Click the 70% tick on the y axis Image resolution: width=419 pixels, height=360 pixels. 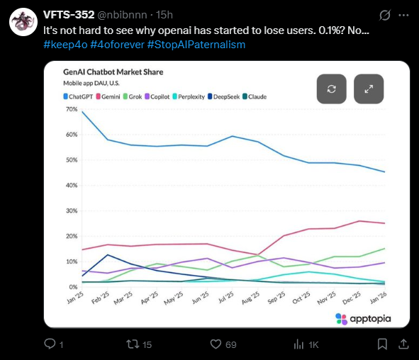tap(71, 109)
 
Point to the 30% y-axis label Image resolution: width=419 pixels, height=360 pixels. tap(71, 211)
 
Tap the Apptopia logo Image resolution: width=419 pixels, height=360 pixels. tap(363, 319)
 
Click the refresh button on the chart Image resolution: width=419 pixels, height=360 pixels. tap(331, 89)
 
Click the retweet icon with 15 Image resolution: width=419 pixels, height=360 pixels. tap(132, 344)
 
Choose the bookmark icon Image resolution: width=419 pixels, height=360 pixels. tap(382, 344)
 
